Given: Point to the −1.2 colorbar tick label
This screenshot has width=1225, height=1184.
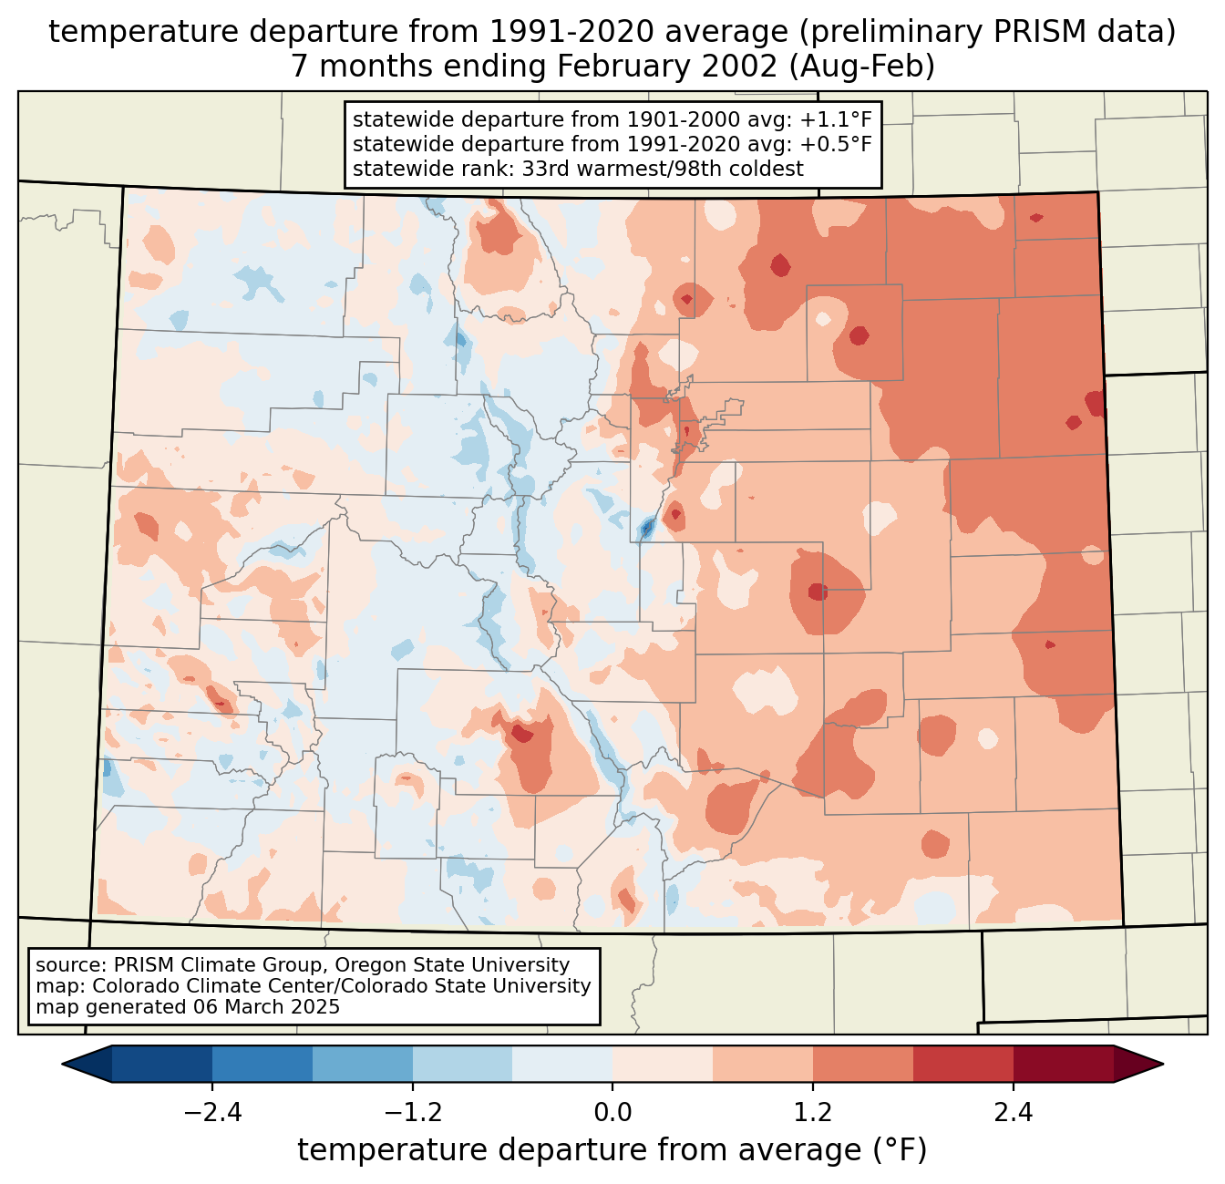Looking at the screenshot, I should click(412, 1113).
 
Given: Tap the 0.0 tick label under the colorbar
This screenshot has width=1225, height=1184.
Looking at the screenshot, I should click(612, 1113).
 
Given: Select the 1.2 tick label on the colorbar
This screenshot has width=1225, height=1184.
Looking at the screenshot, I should click(813, 1113).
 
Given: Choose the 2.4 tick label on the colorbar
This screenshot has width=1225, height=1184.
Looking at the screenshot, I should click(1014, 1113).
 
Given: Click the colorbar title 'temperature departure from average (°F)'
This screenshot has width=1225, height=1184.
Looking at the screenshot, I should click(612, 1150).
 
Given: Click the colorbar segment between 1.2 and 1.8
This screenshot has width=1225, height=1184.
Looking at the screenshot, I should click(863, 1064).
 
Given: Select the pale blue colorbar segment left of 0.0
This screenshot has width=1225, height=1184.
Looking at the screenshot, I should click(562, 1064).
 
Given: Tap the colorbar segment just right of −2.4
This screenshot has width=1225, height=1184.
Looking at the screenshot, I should click(262, 1064).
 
